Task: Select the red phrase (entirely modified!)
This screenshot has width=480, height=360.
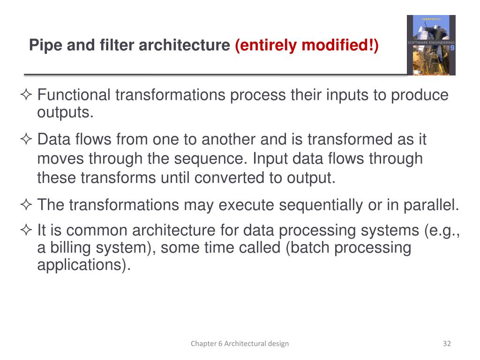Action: tap(307, 45)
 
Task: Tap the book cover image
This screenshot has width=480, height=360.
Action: tap(431, 45)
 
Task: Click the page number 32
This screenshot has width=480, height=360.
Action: tap(447, 344)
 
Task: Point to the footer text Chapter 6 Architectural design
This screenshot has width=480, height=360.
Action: tap(240, 344)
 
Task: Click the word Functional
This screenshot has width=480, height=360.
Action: tap(74, 95)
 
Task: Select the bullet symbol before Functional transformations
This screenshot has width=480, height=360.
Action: tap(27, 96)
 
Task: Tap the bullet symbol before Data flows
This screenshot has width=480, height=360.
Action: tap(27, 140)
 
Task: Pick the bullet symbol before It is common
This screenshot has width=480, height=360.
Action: tap(27, 231)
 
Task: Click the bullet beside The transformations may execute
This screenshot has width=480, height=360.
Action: tap(27, 205)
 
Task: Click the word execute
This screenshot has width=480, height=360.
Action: tap(244, 205)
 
